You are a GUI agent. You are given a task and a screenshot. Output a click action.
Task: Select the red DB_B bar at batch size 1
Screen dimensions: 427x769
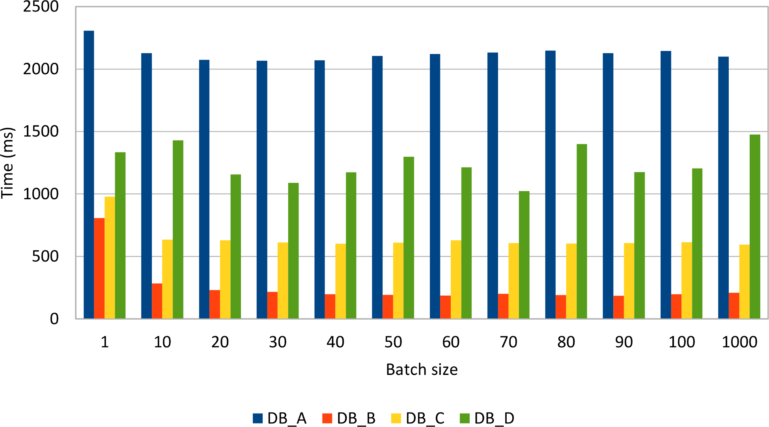pos(99,268)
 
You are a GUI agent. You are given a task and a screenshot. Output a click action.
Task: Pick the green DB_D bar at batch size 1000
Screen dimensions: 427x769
pos(755,227)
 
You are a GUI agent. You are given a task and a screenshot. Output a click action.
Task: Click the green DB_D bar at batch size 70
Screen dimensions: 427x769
pos(524,255)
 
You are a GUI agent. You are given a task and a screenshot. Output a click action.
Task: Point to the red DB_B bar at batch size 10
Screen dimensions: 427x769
pos(157,301)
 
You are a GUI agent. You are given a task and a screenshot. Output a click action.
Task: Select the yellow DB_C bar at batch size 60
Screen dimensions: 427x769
pos(456,279)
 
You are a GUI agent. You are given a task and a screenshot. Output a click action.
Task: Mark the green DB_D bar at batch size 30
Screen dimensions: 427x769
pos(293,251)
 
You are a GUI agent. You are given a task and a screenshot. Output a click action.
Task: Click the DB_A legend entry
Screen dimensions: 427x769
pos(280,418)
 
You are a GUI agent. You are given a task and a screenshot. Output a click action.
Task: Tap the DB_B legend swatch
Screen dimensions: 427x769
pos(327,418)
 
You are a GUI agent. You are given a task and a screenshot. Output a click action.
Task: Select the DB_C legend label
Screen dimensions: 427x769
pos(425,418)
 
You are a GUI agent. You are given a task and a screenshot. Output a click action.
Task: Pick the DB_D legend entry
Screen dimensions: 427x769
pos(487,418)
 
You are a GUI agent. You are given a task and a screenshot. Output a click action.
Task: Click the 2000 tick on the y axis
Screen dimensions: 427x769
pos(41,69)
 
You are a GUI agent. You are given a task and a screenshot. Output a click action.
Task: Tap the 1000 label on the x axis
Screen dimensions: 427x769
pos(739,342)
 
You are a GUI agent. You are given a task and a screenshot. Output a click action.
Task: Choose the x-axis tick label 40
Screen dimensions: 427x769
pos(335,342)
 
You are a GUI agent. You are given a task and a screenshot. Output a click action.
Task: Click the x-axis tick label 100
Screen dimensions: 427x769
pos(681,342)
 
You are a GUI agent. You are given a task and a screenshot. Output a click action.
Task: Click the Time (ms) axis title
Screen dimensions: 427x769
pos(8,163)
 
